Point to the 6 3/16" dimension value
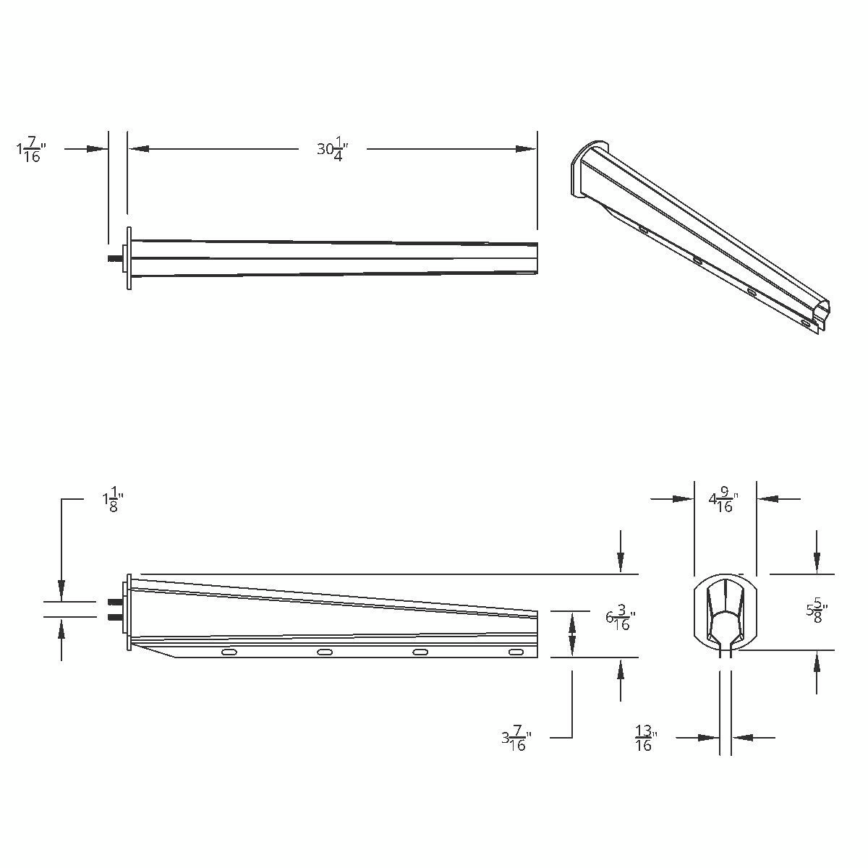pos(620,621)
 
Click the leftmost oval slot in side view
pos(229,652)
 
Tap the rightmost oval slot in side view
pos(516,652)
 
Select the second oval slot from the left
pos(325,652)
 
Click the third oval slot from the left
pos(420,652)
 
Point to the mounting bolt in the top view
pos(114,258)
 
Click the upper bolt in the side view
pos(114,602)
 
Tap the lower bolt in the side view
pos(114,617)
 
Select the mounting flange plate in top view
pos(129,258)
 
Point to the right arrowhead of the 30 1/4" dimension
pos(527,149)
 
